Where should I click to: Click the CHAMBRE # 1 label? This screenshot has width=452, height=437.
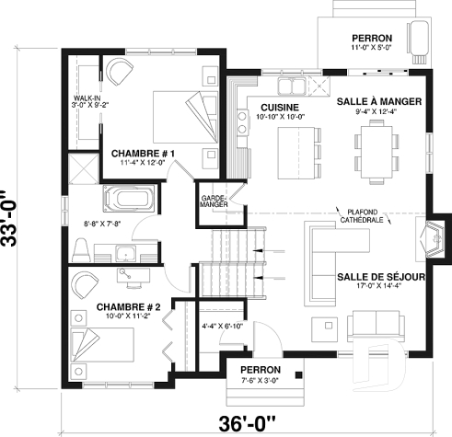[x=144, y=152]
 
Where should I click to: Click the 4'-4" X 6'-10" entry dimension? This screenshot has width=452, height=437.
[x=220, y=326]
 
